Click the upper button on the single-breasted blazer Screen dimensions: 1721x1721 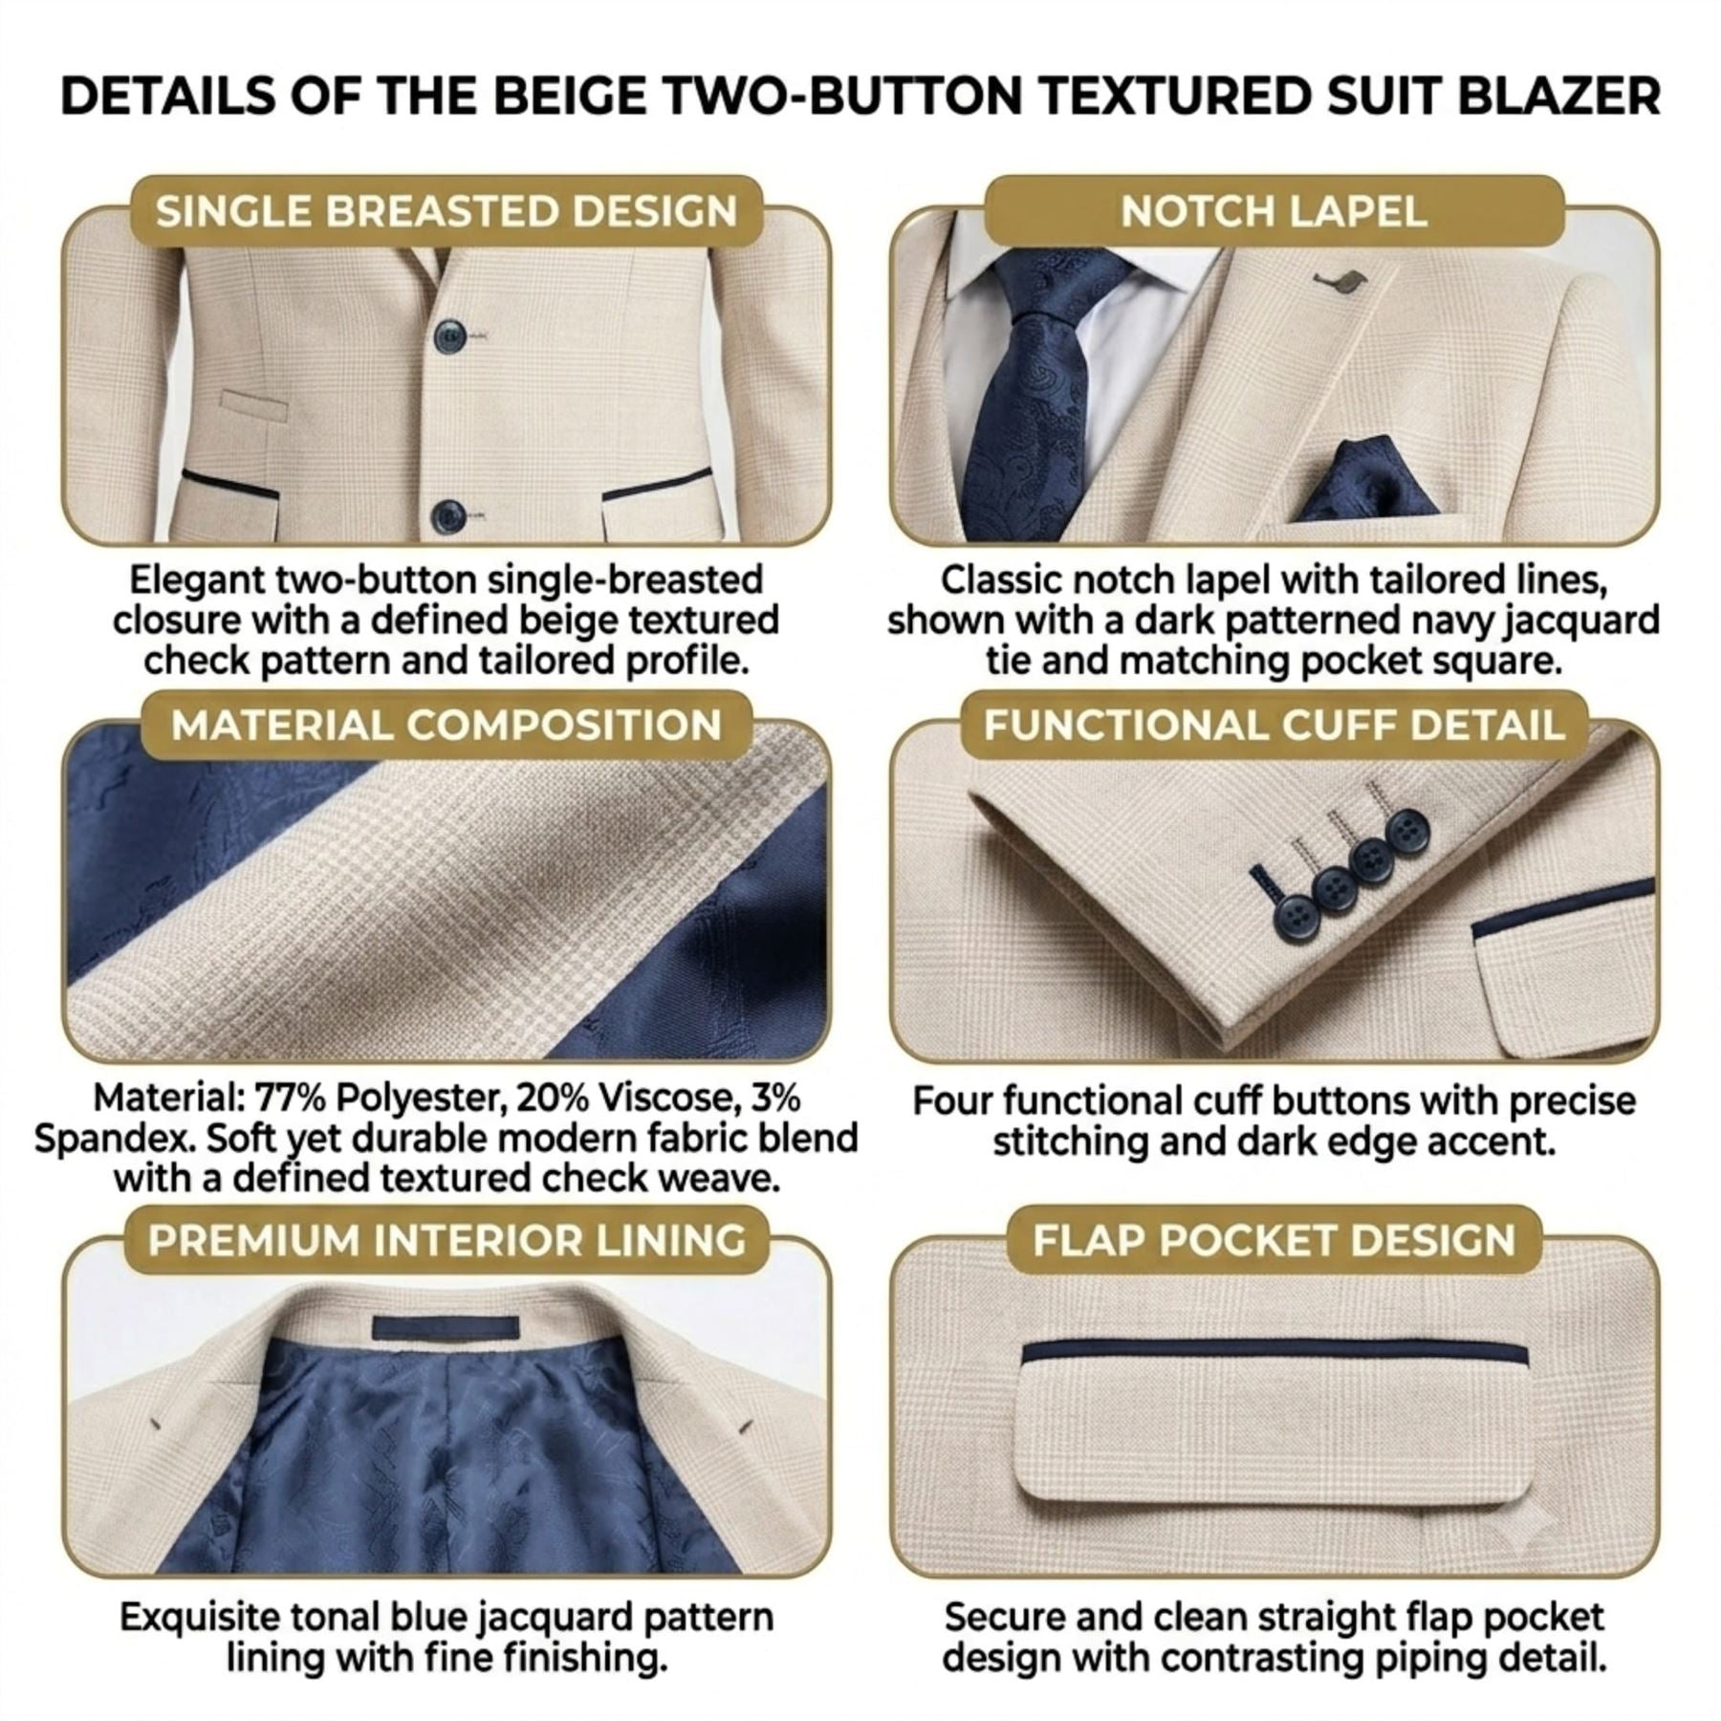(449, 336)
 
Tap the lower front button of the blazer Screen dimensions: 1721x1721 (447, 516)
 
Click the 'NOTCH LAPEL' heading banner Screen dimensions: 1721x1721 (1274, 211)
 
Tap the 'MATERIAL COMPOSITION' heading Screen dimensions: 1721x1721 (446, 725)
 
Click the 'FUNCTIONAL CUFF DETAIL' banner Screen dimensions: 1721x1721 (1274, 725)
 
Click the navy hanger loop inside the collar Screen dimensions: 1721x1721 (446, 1327)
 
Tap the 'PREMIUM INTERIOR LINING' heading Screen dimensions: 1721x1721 (447, 1240)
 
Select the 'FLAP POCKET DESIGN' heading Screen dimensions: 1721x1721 (1274, 1240)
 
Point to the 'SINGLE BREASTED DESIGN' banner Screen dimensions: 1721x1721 (447, 211)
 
